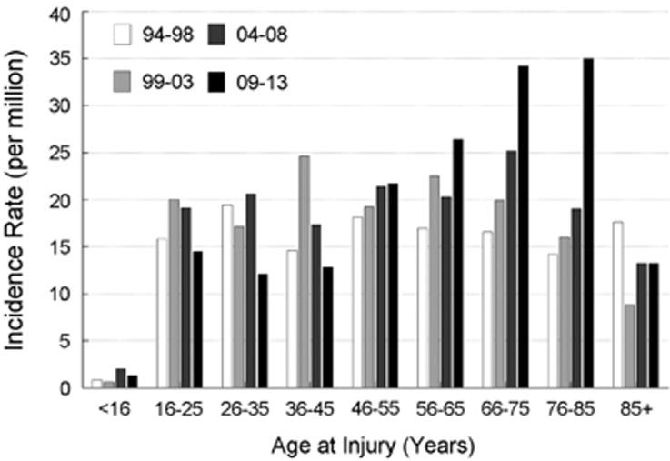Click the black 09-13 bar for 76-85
pyautogui.click(x=587, y=224)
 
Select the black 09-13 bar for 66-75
pyautogui.click(x=523, y=227)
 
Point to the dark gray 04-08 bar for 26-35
pyautogui.click(x=250, y=291)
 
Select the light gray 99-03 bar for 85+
pyautogui.click(x=630, y=346)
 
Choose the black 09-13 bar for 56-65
pyautogui.click(x=458, y=264)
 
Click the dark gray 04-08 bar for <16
pyautogui.click(x=121, y=378)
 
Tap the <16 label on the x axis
pyautogui.click(x=115, y=411)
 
